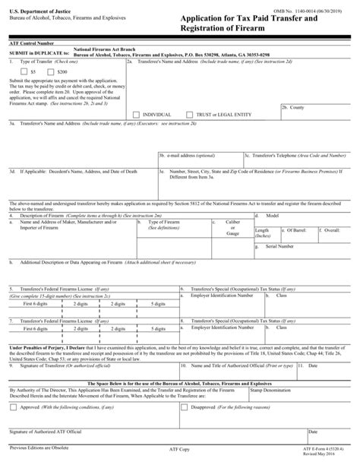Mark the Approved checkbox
pyautogui.click(x=13, y=406)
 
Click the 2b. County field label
pyautogui.click(x=294, y=108)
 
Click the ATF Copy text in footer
pyautogui.click(x=180, y=454)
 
